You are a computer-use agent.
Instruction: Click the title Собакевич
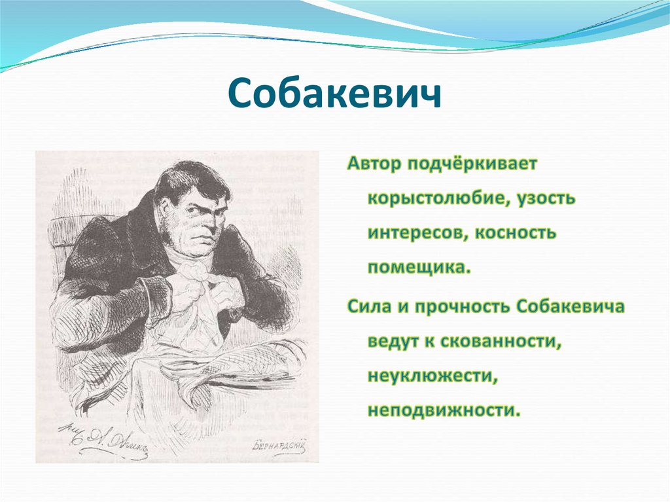click(x=334, y=95)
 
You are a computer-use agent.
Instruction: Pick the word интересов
click(x=412, y=234)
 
